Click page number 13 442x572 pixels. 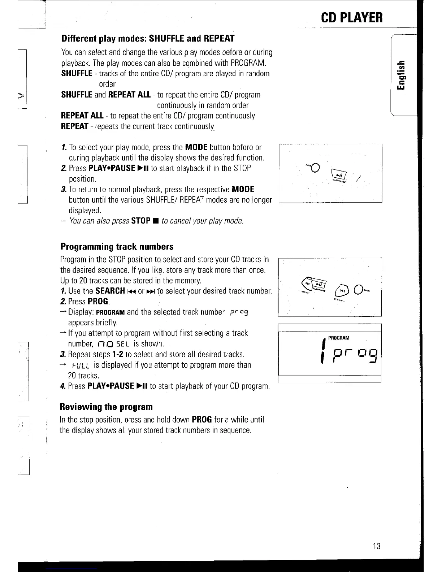[x=376, y=546]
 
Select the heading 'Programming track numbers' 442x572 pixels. [x=117, y=247]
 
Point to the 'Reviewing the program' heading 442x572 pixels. [x=106, y=407]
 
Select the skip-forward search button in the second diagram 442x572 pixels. [x=341, y=290]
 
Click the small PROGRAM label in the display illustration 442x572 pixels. [x=339, y=338]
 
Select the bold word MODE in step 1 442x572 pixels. [x=196, y=147]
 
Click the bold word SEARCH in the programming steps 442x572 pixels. [x=110, y=291]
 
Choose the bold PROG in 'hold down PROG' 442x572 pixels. [x=201, y=420]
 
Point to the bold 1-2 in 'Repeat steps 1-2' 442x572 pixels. [x=117, y=354]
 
